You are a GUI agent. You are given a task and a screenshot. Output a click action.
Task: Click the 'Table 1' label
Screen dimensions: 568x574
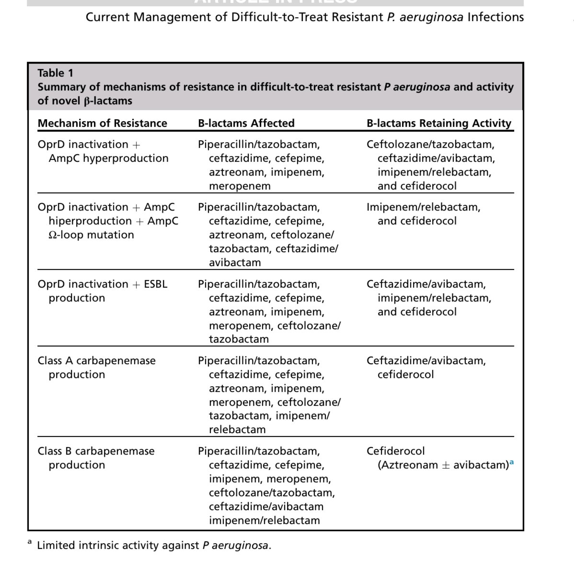tap(56, 73)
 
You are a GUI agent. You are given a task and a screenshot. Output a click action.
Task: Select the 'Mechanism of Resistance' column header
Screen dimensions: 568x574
tap(102, 123)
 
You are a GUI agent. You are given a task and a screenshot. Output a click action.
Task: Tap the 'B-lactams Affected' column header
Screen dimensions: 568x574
tap(246, 123)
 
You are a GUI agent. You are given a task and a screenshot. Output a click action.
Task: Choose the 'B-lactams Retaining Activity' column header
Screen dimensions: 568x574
tap(439, 123)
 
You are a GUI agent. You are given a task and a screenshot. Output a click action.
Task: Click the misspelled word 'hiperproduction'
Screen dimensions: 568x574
tap(90, 221)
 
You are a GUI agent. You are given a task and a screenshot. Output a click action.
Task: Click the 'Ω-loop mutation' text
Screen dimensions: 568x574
tap(91, 235)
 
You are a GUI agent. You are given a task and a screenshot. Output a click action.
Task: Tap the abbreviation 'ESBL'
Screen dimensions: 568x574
tap(156, 284)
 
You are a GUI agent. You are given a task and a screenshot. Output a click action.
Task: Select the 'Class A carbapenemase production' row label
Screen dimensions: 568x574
tap(96, 368)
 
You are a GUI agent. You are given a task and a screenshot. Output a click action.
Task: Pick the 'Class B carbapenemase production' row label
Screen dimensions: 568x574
tap(96, 458)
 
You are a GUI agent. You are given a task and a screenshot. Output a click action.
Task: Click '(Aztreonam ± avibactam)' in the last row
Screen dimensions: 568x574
tap(443, 465)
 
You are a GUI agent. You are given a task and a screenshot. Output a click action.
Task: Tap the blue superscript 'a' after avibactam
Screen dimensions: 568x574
tap(512, 462)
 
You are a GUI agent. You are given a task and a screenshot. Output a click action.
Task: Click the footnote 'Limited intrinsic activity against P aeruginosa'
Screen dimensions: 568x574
tap(153, 546)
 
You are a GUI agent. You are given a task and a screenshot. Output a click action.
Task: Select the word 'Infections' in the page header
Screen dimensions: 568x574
tap(495, 17)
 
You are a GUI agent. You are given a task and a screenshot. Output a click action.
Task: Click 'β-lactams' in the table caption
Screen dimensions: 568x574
tap(105, 101)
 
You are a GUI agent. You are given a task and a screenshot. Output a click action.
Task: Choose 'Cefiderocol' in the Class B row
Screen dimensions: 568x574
tap(395, 451)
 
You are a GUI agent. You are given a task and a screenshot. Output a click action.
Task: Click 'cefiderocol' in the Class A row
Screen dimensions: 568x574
tap(405, 375)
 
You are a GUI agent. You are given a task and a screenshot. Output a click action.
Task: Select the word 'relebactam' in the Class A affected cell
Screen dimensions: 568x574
tap(237, 430)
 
